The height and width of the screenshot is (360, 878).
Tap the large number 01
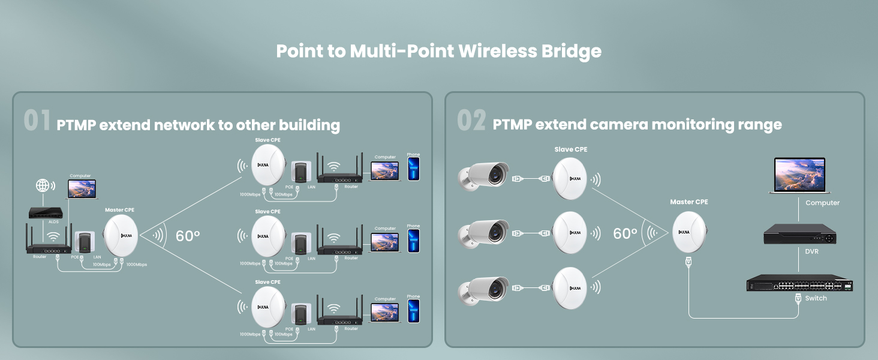click(x=37, y=120)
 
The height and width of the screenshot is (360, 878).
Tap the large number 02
click(x=471, y=120)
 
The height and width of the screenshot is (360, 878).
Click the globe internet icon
click(x=43, y=185)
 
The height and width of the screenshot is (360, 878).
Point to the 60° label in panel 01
click(x=188, y=236)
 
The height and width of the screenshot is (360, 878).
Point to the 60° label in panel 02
click(x=626, y=233)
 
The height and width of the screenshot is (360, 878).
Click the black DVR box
click(x=799, y=235)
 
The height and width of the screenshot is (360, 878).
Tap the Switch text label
click(x=816, y=298)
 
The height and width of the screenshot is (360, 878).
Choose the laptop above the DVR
click(x=799, y=175)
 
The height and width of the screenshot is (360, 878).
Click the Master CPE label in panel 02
click(x=689, y=202)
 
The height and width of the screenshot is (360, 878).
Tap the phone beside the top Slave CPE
click(x=414, y=169)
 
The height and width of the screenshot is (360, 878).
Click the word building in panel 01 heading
click(x=309, y=125)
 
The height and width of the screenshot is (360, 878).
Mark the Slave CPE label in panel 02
click(x=571, y=149)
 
